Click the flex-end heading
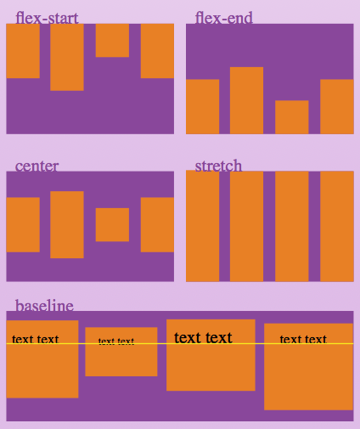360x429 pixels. (223, 18)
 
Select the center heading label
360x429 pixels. (37, 166)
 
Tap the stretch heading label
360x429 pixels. (218, 166)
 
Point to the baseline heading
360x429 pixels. (44, 306)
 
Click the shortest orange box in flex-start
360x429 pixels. (112, 40)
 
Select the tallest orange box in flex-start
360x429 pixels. (67, 57)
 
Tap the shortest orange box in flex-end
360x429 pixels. (291, 117)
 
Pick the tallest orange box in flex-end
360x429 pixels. (246, 100)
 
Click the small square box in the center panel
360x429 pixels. (112, 225)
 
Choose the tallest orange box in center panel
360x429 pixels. (67, 225)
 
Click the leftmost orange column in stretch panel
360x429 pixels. (202, 226)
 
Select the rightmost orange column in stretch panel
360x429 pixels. (336, 226)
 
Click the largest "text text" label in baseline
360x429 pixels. (203, 338)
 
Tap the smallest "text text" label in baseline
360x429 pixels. (116, 342)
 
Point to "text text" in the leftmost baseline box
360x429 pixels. (36, 340)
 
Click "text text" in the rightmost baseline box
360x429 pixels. (303, 340)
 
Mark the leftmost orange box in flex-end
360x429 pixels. (202, 106)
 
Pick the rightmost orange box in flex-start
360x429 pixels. (157, 51)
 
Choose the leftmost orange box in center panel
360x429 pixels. (23, 225)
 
